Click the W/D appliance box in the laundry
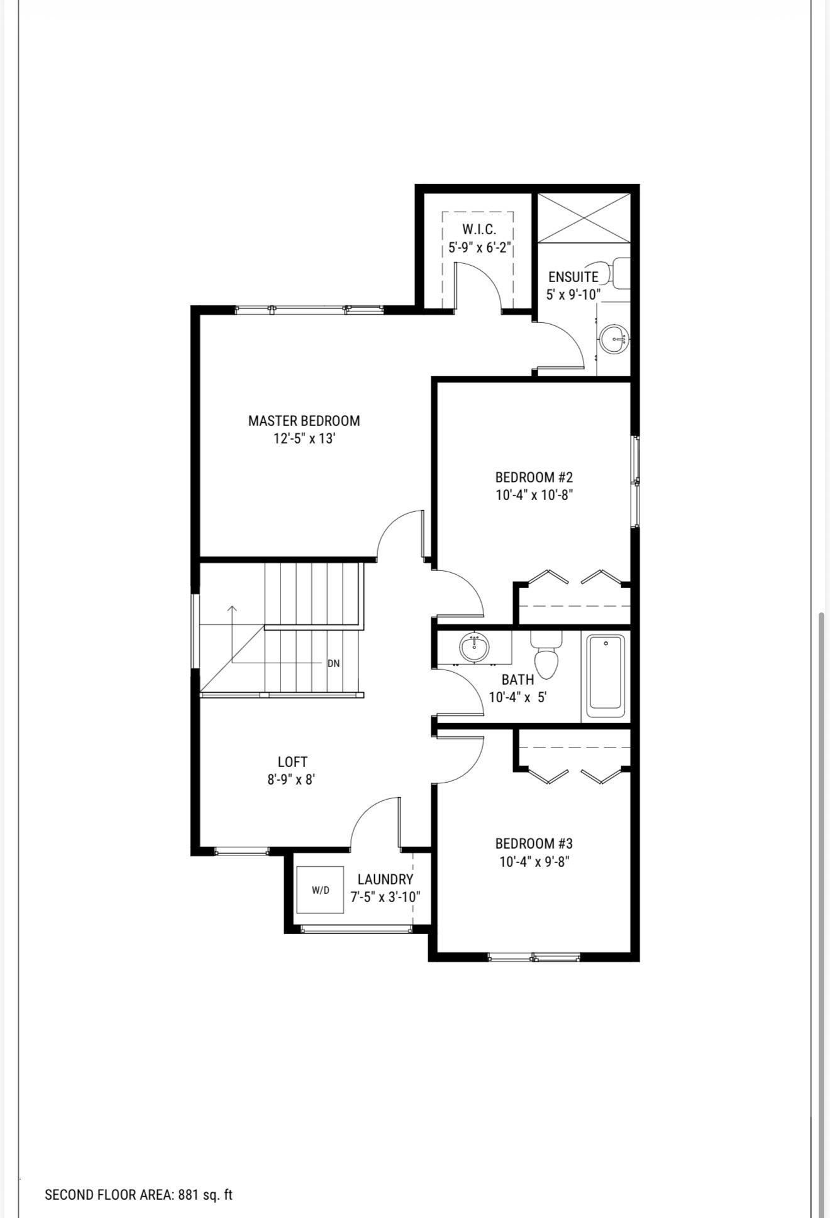320,889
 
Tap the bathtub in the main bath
606,676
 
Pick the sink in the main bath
475,646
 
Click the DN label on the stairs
333,663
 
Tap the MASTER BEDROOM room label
304,420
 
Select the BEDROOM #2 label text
534,477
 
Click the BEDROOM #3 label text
534,844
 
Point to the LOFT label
292,762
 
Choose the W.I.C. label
479,229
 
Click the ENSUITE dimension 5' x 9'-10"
573,294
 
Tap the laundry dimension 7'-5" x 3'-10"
385,897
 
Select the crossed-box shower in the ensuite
584,217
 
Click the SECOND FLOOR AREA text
138,1194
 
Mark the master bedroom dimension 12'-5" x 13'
304,438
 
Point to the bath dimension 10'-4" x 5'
518,697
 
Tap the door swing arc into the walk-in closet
487,276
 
